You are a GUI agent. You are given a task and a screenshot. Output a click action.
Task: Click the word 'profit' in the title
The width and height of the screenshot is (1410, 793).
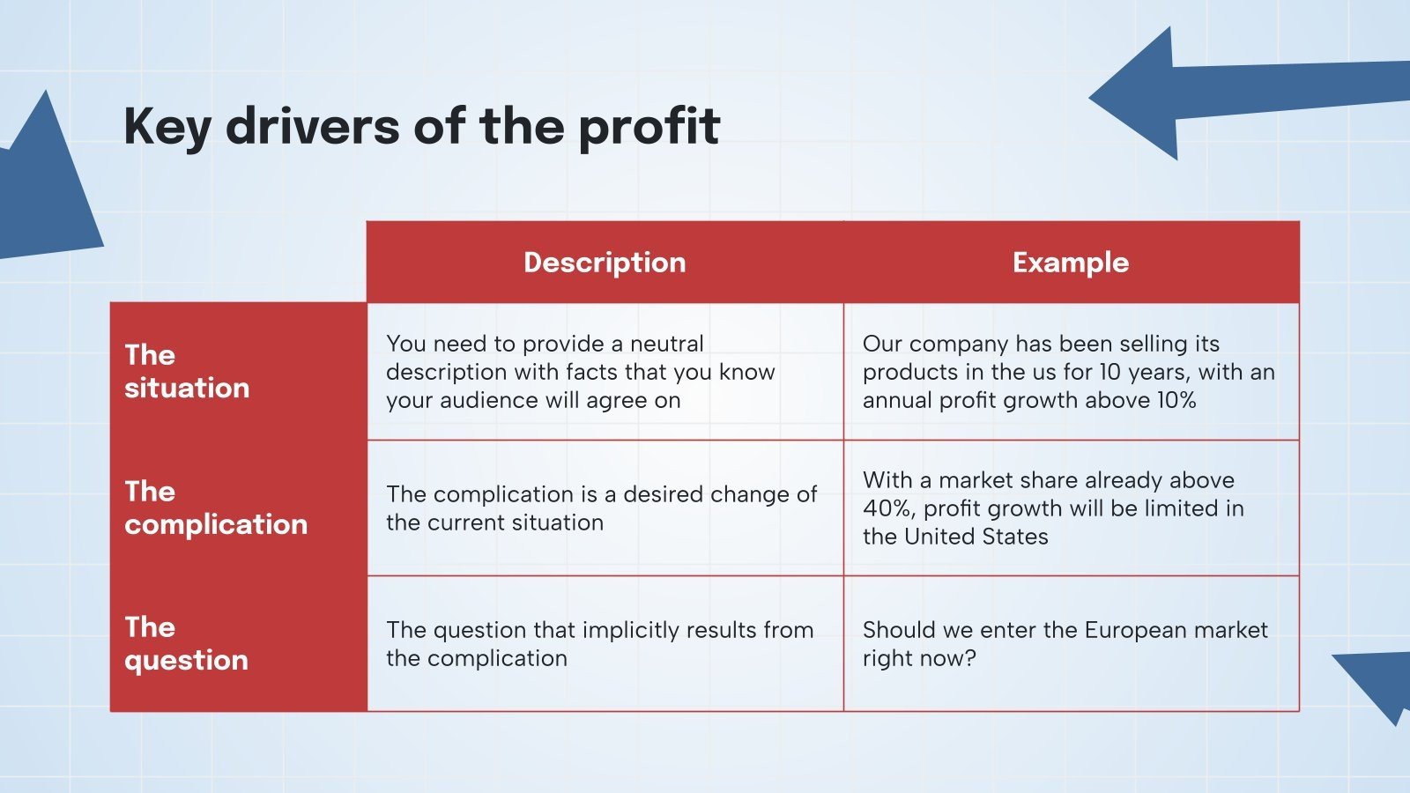(x=649, y=126)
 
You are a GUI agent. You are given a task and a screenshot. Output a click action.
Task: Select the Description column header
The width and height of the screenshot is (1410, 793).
(x=605, y=263)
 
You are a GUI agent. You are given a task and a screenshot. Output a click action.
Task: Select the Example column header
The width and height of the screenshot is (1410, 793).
(x=1070, y=263)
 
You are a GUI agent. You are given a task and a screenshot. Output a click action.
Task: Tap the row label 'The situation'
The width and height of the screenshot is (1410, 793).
(x=186, y=371)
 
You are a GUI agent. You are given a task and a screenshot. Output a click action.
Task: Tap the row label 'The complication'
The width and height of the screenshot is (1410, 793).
(x=215, y=508)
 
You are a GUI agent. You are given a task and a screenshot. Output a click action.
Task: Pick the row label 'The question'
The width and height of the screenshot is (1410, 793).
(x=186, y=643)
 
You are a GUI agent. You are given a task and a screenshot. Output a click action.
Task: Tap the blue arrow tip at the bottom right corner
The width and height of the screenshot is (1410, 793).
(x=1379, y=683)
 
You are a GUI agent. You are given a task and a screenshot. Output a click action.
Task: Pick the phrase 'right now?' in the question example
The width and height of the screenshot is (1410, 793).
(x=919, y=658)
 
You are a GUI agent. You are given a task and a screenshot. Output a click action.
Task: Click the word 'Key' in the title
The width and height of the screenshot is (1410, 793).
(x=167, y=126)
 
